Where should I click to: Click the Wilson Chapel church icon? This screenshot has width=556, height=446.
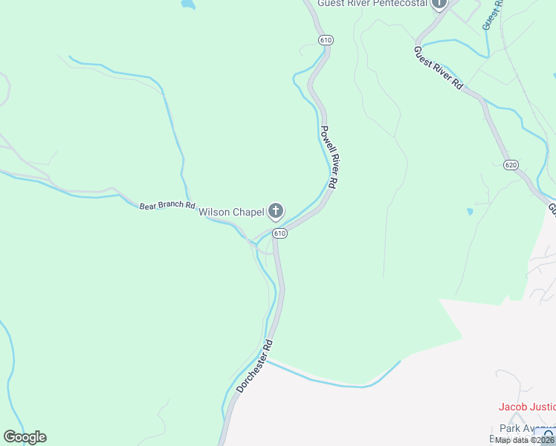(276, 212)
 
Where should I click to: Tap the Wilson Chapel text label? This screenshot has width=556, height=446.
(231, 213)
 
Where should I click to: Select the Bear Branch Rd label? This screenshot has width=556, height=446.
(167, 205)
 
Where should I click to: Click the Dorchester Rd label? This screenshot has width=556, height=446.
(256, 366)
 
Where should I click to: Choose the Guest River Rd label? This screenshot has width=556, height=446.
(439, 68)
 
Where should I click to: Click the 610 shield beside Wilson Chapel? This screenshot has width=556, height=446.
(279, 233)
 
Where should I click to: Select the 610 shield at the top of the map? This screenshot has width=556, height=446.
(326, 39)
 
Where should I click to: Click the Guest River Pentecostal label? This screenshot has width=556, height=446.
(372, 4)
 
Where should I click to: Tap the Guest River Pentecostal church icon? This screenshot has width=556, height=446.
(439, 4)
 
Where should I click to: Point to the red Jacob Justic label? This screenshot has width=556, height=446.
(526, 407)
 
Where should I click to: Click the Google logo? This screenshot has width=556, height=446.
(25, 436)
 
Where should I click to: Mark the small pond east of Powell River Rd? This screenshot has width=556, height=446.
(469, 212)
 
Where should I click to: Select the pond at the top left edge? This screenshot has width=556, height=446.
(187, 4)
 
